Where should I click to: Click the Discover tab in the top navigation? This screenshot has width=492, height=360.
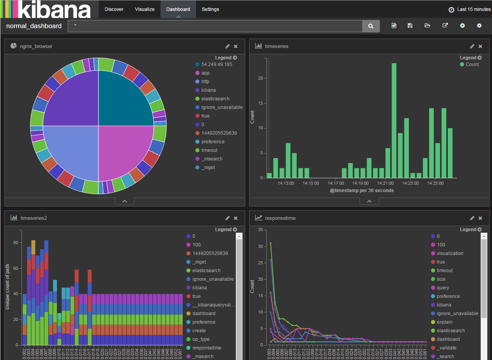pos(114,9)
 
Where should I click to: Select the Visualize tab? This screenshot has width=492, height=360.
pos(144,9)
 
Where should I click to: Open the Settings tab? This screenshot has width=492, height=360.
pos(210,9)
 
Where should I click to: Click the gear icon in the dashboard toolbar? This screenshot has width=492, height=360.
pos(479,26)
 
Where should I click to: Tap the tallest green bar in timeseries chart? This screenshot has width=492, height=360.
pos(394,120)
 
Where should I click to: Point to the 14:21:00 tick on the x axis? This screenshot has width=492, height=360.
pos(385,183)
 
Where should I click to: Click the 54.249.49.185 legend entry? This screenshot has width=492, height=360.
pos(216,64)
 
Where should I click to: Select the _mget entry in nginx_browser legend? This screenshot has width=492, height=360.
pos(208,168)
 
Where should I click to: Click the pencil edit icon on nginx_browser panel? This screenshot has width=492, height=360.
pos(227,46)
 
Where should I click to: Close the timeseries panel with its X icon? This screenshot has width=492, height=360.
pos(480,46)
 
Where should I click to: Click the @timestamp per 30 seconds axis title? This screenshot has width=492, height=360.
pos(362,191)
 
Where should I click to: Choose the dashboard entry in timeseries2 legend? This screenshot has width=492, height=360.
pos(203,314)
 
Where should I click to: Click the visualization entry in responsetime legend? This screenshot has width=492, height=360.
pos(450,253)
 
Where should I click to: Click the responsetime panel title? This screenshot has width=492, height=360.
pos(280,218)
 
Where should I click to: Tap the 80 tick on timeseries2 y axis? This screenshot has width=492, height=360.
pos(16,242)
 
